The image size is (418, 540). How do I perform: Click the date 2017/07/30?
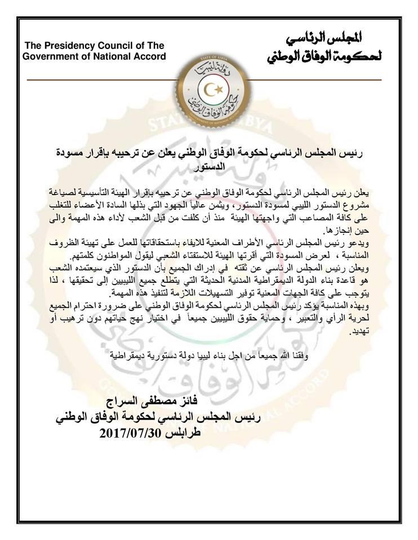point(134,434)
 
